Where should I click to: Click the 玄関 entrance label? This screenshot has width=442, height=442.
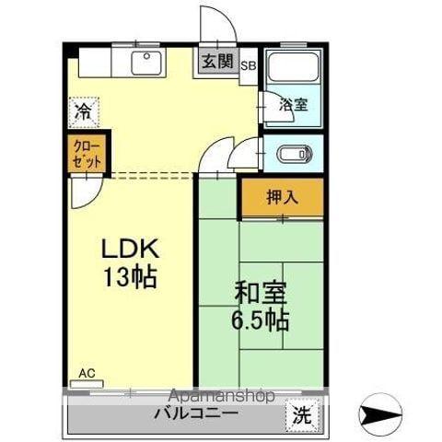(x=216, y=63)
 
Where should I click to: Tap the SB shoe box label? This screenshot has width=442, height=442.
(x=249, y=66)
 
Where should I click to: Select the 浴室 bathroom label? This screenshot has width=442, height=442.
(x=293, y=106)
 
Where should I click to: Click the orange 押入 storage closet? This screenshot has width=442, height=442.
(x=283, y=197)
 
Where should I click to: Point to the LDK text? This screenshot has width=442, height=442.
(x=130, y=249)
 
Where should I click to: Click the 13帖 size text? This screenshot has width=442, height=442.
(x=130, y=277)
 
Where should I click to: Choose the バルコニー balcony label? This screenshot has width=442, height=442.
(x=196, y=414)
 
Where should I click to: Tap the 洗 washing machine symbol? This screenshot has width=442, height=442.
(x=301, y=415)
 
